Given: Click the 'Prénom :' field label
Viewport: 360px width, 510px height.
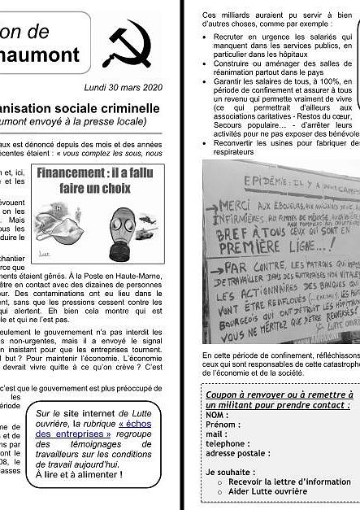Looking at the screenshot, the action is (x=223, y=425).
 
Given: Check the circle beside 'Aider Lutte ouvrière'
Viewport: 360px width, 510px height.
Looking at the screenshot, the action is (x=221, y=492).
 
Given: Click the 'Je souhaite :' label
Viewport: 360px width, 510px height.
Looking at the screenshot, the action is (x=230, y=472).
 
